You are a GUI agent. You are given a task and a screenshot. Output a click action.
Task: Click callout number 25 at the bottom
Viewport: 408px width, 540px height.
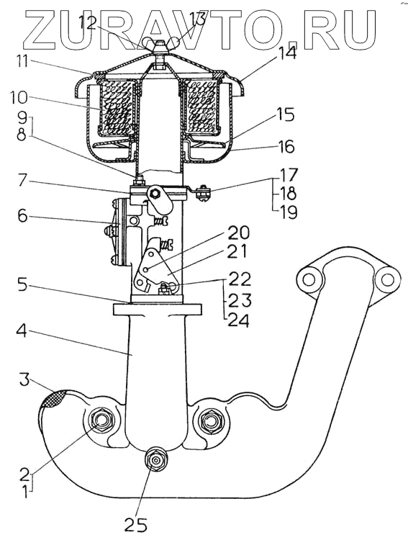click(x=135, y=524)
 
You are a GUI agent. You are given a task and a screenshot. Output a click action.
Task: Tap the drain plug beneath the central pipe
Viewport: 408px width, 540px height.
click(x=156, y=460)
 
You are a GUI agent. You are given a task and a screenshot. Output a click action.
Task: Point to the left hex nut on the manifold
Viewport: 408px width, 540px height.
click(x=101, y=420)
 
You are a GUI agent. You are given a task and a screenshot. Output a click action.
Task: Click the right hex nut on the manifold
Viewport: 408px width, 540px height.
click(x=209, y=420)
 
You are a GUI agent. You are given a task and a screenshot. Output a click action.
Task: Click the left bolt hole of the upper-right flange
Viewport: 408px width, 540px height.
click(x=309, y=279)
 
